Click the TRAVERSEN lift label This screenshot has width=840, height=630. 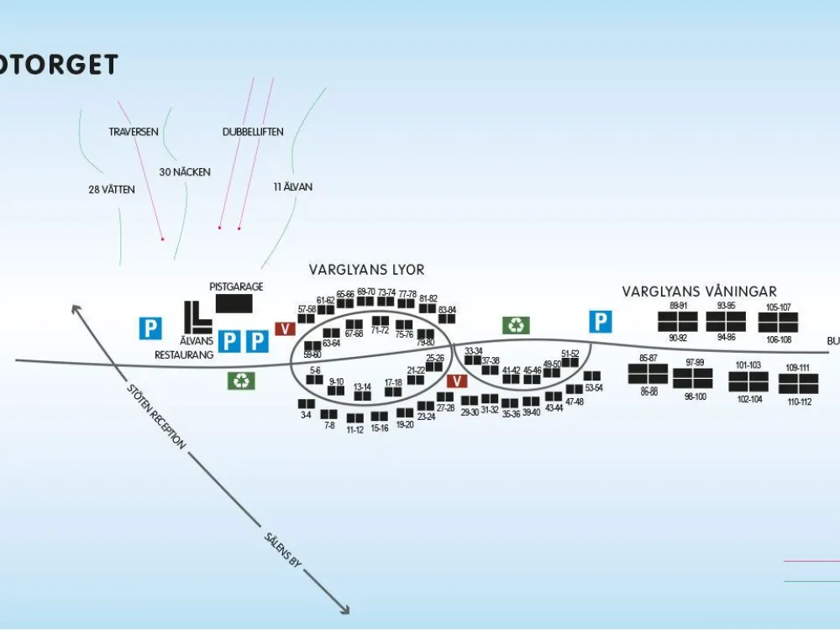(134, 132)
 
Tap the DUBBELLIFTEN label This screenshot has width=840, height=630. (253, 132)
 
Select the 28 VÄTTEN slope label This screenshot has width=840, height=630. (111, 190)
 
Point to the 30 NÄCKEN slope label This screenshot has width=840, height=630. (185, 172)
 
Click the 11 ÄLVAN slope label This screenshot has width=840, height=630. (292, 187)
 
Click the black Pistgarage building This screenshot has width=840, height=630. (234, 303)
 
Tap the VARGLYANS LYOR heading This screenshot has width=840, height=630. (366, 270)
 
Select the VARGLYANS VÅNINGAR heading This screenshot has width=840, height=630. (699, 291)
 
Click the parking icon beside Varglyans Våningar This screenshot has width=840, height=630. (600, 322)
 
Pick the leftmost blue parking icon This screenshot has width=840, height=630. (150, 328)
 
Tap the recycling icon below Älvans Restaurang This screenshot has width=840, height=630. (241, 381)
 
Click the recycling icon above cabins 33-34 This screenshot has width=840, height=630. (516, 324)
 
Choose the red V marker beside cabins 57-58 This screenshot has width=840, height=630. (285, 328)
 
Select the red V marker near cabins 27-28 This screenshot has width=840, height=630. (456, 381)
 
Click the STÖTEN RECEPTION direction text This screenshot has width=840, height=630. (155, 416)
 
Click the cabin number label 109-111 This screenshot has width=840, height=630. (798, 368)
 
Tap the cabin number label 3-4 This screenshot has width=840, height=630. (306, 415)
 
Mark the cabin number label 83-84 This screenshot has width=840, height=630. (447, 310)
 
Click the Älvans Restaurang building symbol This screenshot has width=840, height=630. (197, 316)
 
